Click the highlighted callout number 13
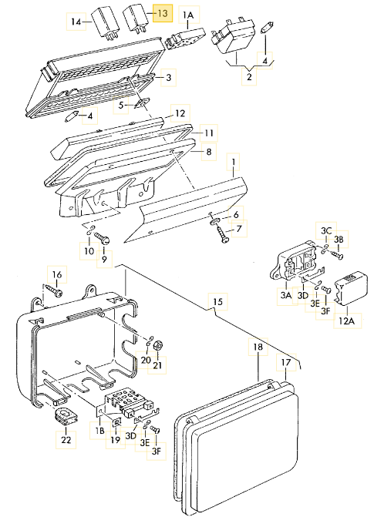click(163, 14)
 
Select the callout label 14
click(76, 22)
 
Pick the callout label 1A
click(188, 15)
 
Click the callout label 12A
click(346, 321)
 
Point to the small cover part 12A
click(351, 287)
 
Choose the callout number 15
click(218, 302)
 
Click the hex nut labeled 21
click(157, 345)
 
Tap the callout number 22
click(66, 440)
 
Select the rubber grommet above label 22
click(64, 415)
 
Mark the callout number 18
click(258, 347)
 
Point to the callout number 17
click(286, 362)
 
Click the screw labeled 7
click(221, 235)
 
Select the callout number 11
click(209, 133)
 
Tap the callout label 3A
click(286, 295)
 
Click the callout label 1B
click(99, 431)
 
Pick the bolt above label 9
click(101, 238)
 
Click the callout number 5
click(121, 106)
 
